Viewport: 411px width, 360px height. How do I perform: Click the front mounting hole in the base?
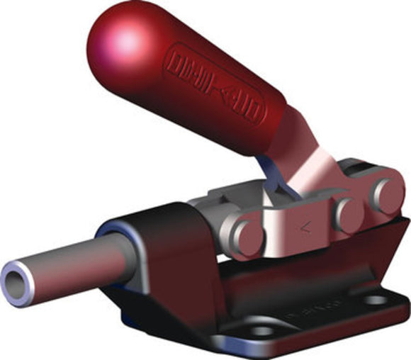[x=264, y=331]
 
